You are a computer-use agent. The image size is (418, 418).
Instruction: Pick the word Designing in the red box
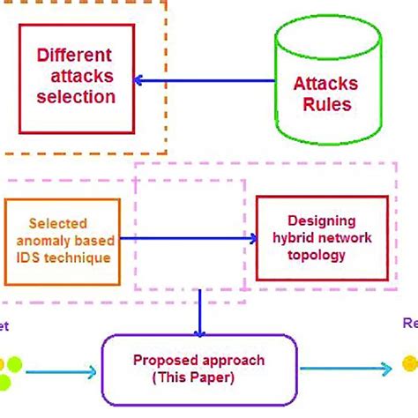tap(321, 221)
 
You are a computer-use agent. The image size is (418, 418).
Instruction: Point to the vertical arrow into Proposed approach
tap(200, 313)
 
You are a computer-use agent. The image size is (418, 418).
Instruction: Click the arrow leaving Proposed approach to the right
tap(344, 368)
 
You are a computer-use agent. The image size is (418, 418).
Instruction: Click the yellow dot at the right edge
tap(410, 362)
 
